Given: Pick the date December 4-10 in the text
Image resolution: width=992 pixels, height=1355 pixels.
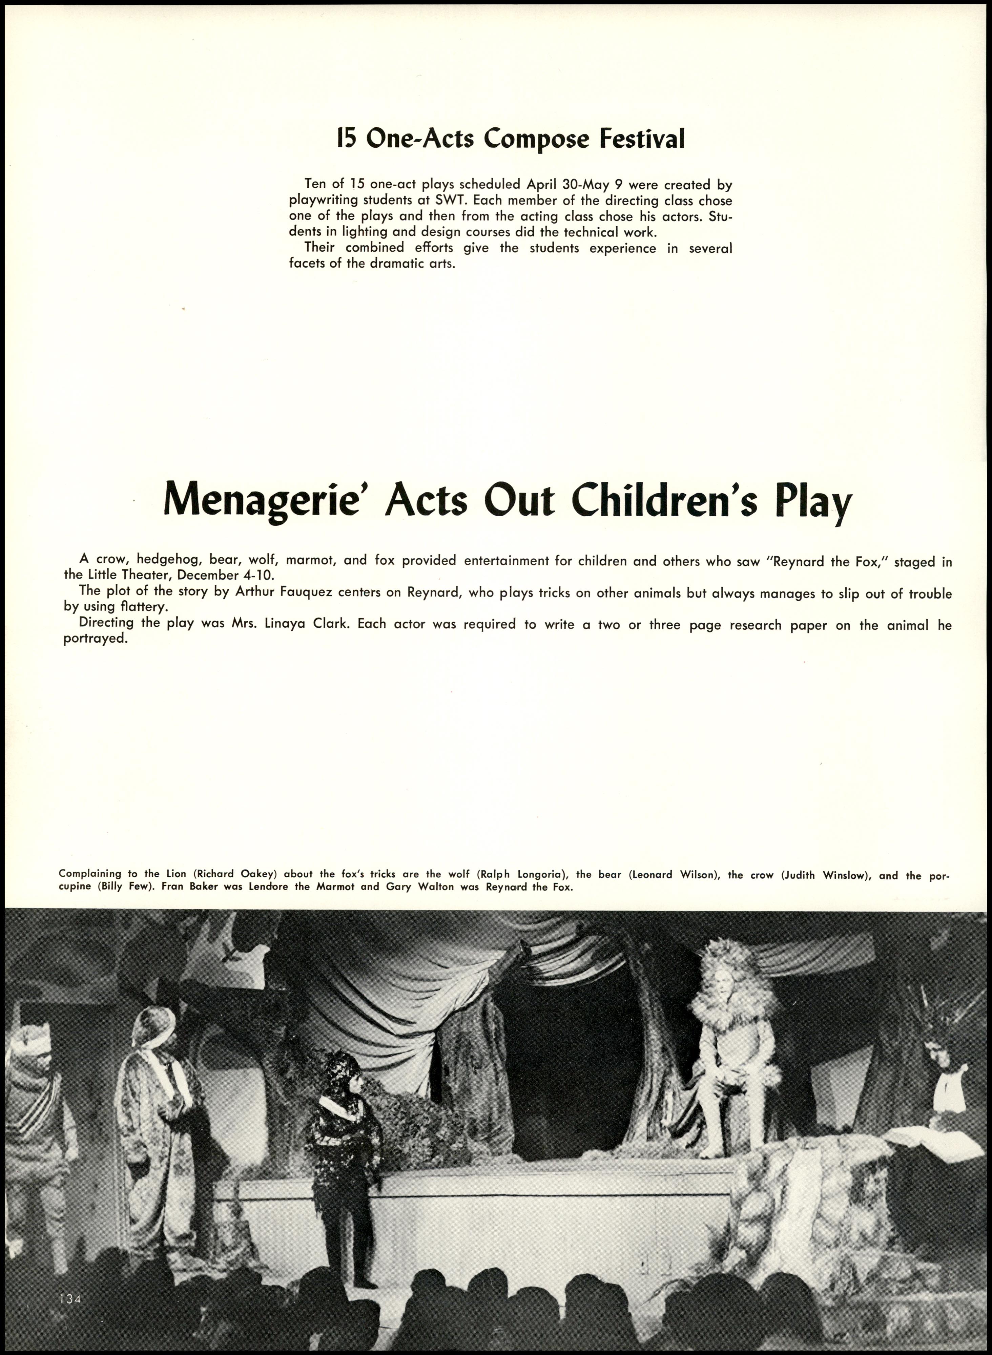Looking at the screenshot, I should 225,576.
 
